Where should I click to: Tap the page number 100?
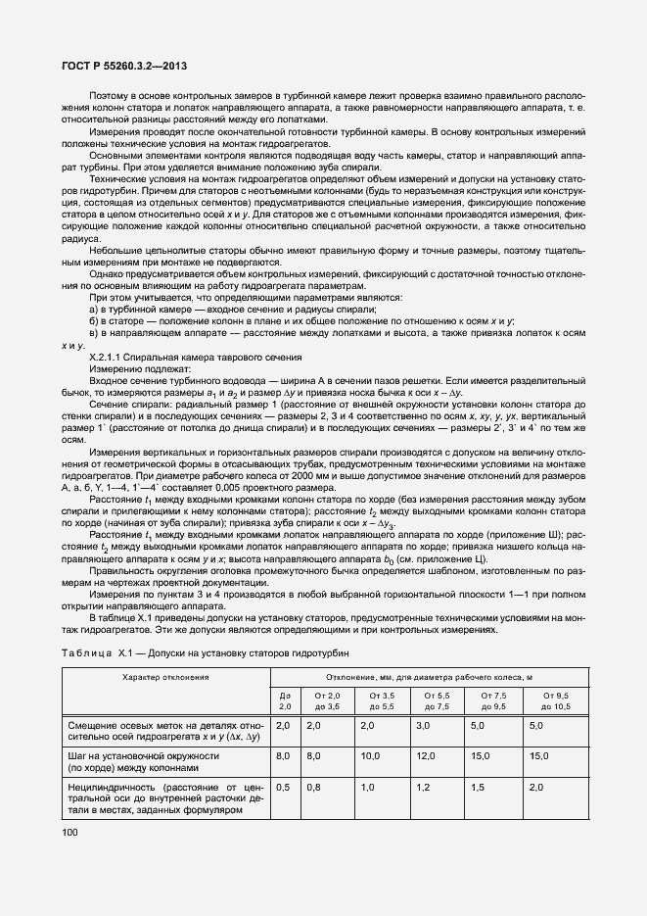point(70,831)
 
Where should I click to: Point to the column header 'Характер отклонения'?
point(165,677)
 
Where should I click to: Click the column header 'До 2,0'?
point(286,699)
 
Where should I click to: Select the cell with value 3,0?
point(423,725)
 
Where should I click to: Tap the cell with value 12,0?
point(426,756)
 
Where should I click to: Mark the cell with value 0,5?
point(283,787)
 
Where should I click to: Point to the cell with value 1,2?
point(423,787)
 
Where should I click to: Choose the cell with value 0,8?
point(314,787)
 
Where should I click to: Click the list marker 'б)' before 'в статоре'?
point(95,321)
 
